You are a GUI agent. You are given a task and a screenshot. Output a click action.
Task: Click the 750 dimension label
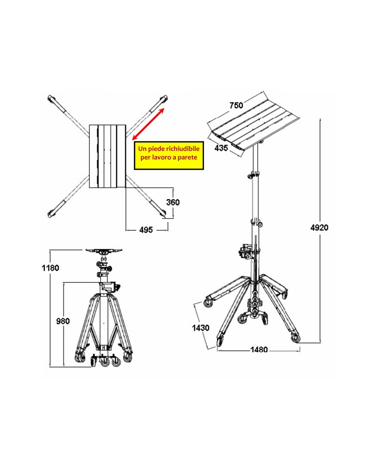(236, 105)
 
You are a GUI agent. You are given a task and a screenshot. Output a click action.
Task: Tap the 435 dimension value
(221, 148)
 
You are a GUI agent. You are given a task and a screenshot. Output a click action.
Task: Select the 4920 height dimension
(319, 228)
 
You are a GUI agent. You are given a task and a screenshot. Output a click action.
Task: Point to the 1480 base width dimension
(259, 350)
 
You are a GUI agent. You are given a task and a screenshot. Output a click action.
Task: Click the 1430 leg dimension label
(201, 328)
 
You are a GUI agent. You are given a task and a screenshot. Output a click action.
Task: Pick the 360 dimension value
(173, 202)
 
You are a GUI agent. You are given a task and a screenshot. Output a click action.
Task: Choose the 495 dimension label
(146, 230)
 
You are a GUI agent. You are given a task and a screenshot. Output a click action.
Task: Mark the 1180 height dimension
(50, 268)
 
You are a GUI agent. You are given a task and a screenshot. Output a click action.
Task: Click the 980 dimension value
(63, 321)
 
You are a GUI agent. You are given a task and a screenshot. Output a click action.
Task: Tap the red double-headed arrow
(148, 124)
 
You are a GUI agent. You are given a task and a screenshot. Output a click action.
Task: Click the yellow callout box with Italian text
(169, 156)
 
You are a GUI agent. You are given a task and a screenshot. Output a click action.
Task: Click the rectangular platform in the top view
(108, 156)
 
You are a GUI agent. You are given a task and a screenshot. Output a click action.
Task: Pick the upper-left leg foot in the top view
(51, 99)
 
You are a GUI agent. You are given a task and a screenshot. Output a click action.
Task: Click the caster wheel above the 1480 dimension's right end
(296, 338)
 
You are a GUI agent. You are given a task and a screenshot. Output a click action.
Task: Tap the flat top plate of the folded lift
(104, 250)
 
